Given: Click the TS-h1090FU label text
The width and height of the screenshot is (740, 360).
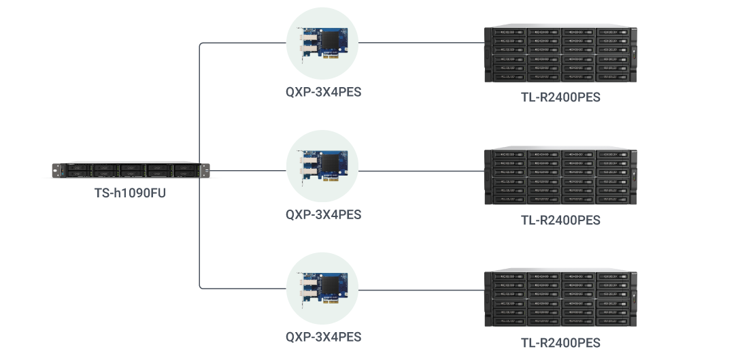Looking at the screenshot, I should tap(130, 193).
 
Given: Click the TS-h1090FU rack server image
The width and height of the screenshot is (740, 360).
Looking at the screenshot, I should tap(130, 170).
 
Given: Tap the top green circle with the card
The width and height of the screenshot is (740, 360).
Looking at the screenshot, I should tap(322, 44).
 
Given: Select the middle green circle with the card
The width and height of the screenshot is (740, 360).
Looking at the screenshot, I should tap(322, 166).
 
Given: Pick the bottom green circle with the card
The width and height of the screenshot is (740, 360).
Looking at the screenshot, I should tap(322, 288).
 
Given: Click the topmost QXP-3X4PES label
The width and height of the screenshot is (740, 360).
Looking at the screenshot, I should tap(323, 93).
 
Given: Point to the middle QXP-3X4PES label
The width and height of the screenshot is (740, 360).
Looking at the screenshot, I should tap(323, 214).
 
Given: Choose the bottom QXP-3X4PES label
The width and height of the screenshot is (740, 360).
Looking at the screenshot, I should tap(323, 336).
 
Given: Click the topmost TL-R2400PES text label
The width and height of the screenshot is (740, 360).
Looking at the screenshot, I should tap(560, 97).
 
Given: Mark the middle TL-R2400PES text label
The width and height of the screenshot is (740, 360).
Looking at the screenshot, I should tap(560, 220).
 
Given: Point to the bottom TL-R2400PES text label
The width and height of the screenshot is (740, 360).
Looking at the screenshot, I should tap(560, 342).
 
